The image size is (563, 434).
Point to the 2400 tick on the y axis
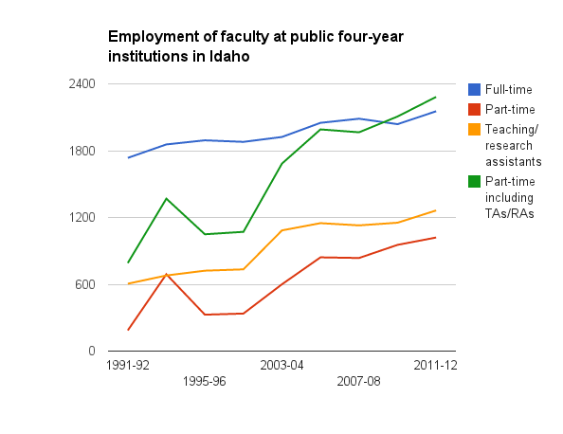(x=82, y=83)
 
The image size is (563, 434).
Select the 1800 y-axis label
(x=82, y=151)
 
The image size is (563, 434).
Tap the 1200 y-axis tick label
(x=82, y=217)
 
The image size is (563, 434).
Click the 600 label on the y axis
(x=85, y=284)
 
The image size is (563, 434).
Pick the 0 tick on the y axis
(x=92, y=351)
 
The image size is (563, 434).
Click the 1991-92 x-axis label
(x=128, y=365)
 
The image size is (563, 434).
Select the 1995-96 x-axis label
(x=205, y=381)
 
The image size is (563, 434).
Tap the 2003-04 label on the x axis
(x=281, y=365)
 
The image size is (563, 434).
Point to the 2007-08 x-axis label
(x=358, y=381)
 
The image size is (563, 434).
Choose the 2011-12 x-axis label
(x=436, y=365)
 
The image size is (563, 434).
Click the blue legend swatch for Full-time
(x=474, y=89)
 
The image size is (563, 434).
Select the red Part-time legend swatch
(x=474, y=110)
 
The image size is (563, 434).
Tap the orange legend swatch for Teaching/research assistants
(x=474, y=129)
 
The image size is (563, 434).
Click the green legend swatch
(x=474, y=181)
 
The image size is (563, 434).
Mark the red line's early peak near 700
(x=166, y=274)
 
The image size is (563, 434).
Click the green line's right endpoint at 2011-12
(x=436, y=97)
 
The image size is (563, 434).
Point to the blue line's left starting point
(x=128, y=157)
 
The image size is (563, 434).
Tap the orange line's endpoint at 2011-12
(x=436, y=210)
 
